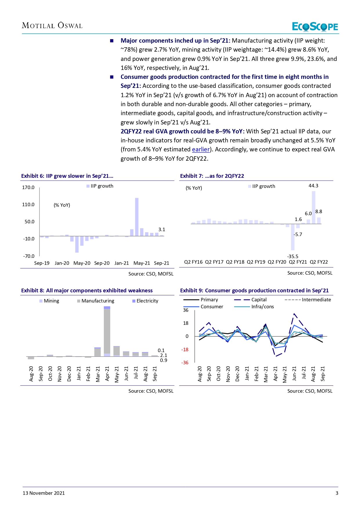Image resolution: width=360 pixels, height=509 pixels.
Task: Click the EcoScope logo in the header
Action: point(315,27)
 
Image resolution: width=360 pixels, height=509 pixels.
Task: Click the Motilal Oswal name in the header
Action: point(52,26)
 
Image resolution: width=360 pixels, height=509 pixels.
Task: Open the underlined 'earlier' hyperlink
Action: point(201,149)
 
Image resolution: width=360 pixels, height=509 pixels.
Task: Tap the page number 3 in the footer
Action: point(337,493)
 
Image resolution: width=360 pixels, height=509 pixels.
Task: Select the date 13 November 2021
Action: point(44,493)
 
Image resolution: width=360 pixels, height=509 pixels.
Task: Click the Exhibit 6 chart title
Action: point(67,176)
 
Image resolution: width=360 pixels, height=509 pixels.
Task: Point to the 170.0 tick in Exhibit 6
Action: point(28,187)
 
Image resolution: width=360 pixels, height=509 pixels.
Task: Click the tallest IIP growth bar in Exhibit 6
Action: point(137,217)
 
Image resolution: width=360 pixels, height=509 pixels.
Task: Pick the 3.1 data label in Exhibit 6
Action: point(162,229)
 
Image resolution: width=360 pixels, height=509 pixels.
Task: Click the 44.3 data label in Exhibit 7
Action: point(313,186)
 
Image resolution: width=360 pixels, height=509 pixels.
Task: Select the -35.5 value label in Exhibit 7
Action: point(293,256)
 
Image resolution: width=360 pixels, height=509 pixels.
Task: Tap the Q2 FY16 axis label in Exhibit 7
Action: point(193,262)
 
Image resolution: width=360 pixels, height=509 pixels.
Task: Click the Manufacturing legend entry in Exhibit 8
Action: point(95,301)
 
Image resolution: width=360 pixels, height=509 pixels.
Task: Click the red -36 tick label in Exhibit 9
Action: point(185,363)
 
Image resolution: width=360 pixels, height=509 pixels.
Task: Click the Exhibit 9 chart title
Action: point(254,291)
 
